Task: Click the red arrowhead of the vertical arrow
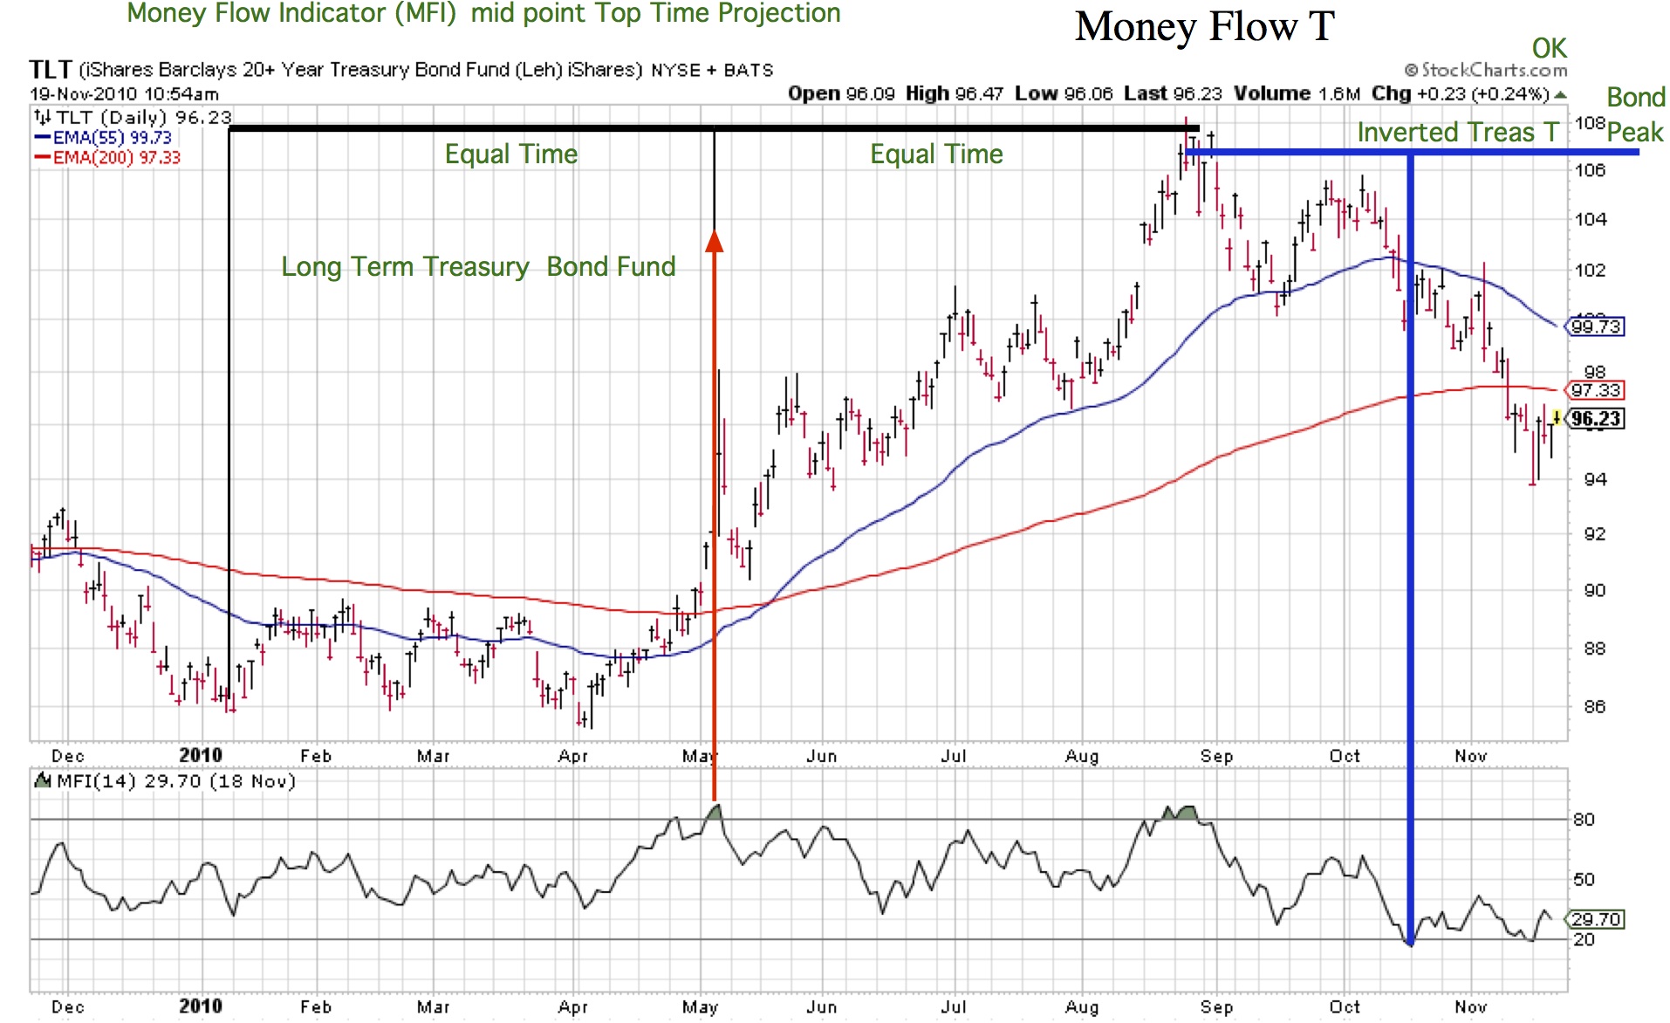(x=714, y=241)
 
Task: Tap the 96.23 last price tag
(x=1596, y=419)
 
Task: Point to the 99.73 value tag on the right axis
(x=1596, y=326)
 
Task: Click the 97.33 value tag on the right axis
(x=1596, y=390)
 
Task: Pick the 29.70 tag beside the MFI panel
(x=1596, y=919)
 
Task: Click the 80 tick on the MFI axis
(x=1584, y=819)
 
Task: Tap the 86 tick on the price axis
(x=1594, y=706)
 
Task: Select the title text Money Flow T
(x=1204, y=27)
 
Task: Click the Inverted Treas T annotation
(x=1457, y=133)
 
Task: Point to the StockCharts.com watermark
(x=1486, y=70)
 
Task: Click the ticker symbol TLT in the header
(x=50, y=70)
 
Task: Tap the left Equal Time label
(x=511, y=154)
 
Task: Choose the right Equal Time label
(x=936, y=154)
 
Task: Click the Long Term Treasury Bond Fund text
(x=478, y=266)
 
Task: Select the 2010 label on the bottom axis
(x=200, y=1006)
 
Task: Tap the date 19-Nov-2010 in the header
(x=85, y=93)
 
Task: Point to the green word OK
(x=1549, y=48)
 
